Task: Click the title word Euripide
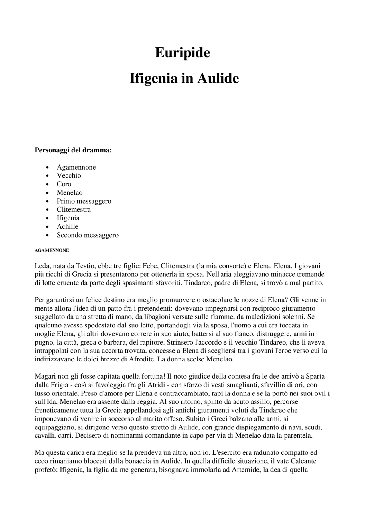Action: pyautogui.click(x=182, y=53)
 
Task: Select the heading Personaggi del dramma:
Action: pyautogui.click(x=73, y=150)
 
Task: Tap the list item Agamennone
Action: pyautogui.click(x=76, y=167)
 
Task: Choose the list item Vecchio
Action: pyautogui.click(x=69, y=176)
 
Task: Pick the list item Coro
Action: pyautogui.click(x=64, y=184)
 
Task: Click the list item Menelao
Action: pyautogui.click(x=70, y=193)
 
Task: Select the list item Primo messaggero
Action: pyautogui.click(x=84, y=201)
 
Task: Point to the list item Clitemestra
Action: pyautogui.click(x=74, y=210)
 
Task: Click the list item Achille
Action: pyautogui.click(x=67, y=227)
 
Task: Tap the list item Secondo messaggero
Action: pyautogui.click(x=88, y=235)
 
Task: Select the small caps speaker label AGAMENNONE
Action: pyautogui.click(x=52, y=250)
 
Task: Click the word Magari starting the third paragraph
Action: pyautogui.click(x=44, y=377)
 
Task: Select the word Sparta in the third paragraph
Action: pyautogui.click(x=315, y=377)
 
